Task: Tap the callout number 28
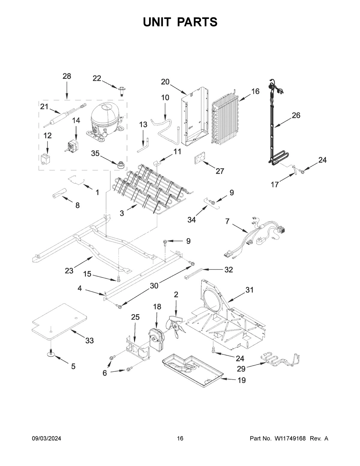(x=67, y=76)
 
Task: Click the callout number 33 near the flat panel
(x=89, y=341)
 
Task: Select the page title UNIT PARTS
(x=180, y=22)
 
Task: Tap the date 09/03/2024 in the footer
(x=46, y=438)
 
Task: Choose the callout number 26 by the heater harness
(x=296, y=115)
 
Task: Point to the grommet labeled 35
(x=121, y=165)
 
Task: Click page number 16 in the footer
(x=180, y=438)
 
